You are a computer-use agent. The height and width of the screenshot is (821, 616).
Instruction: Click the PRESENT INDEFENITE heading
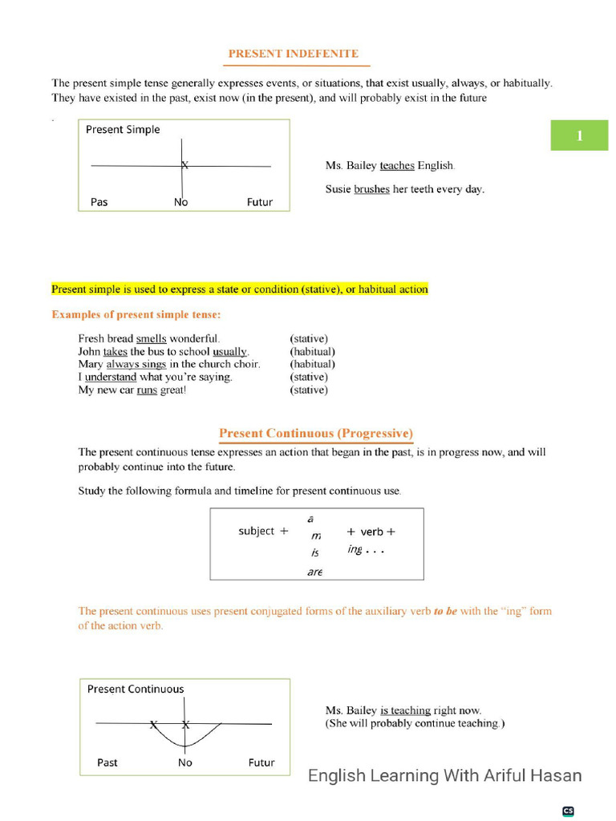tap(293, 54)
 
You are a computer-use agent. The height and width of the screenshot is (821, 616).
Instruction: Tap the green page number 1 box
tap(579, 135)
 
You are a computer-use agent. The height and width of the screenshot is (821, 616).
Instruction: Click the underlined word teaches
tap(397, 166)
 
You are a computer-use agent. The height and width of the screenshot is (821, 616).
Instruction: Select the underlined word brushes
tap(371, 190)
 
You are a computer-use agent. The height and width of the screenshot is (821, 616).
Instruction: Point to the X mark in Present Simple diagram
tap(184, 165)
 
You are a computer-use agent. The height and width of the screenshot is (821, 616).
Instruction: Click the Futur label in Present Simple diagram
tap(260, 202)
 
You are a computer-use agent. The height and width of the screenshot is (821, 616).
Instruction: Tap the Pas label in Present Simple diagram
tap(99, 202)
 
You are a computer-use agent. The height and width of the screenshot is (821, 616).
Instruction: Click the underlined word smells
tap(151, 338)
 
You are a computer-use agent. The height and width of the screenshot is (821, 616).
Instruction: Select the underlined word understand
tap(111, 377)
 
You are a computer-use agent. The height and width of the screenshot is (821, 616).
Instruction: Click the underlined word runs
tap(147, 390)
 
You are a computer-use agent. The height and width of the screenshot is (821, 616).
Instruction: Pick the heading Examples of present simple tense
tap(136, 314)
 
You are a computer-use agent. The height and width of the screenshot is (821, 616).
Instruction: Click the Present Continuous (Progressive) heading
tap(316, 434)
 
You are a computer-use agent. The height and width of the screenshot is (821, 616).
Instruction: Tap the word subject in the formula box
tap(257, 531)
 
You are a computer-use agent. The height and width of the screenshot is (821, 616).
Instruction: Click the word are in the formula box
tap(314, 572)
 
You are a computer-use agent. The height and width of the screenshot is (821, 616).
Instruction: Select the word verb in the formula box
tap(371, 532)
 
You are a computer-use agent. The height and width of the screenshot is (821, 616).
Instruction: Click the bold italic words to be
tap(445, 611)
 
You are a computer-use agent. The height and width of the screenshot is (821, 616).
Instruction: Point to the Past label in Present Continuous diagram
tap(107, 762)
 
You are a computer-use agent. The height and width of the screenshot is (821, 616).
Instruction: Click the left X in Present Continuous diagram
tap(153, 725)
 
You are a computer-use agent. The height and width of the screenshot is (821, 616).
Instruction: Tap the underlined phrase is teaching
tap(405, 710)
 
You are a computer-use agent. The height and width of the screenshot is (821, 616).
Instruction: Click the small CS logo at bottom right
tap(568, 811)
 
